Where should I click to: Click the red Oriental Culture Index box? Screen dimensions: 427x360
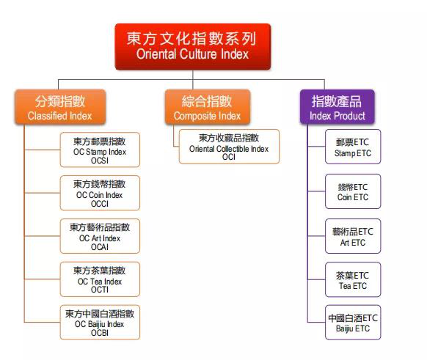click(193, 46)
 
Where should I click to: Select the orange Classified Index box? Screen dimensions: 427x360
click(60, 107)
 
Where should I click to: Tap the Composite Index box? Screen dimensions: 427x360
click(208, 107)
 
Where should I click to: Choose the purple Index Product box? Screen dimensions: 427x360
click(337, 107)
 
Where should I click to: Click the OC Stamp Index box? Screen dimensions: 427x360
click(100, 150)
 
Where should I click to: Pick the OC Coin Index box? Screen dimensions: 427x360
click(100, 193)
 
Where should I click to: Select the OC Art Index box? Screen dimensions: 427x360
click(100, 236)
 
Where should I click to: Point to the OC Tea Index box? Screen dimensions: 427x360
click(100, 279)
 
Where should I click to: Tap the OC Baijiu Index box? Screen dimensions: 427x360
click(100, 323)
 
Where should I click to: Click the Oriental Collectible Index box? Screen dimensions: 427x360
click(229, 147)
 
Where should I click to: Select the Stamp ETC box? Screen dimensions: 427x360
click(353, 147)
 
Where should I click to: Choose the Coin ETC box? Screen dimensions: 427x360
click(353, 191)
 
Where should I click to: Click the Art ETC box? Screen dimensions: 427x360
click(353, 236)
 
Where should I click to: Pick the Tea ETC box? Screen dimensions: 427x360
click(353, 279)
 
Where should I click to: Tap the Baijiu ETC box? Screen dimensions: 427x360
click(353, 323)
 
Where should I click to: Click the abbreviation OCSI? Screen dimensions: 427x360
click(100, 161)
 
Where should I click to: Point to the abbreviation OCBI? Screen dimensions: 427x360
click(100, 333)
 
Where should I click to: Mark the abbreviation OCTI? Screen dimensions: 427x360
click(100, 290)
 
